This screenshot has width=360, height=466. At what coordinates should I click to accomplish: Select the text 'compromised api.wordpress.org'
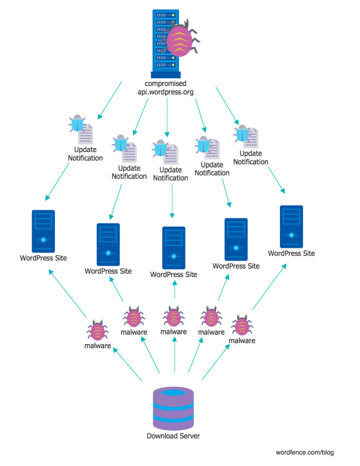pyautogui.click(x=166, y=88)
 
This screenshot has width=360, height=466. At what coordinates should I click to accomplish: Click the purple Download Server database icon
pyautogui.click(x=173, y=408)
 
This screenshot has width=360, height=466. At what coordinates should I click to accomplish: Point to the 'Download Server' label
pyautogui.click(x=173, y=436)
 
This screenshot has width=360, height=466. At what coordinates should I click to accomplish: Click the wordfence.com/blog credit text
pyautogui.click(x=304, y=452)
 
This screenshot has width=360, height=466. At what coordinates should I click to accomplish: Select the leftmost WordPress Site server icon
pyautogui.click(x=43, y=231)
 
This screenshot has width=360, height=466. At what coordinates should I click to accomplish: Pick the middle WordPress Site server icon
pyautogui.click(x=173, y=248)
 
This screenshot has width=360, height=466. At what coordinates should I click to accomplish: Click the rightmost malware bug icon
pyautogui.click(x=242, y=325)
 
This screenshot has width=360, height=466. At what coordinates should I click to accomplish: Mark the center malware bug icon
pyautogui.click(x=174, y=317)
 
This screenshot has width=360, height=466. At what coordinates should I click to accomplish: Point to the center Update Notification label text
pyautogui.click(x=171, y=174)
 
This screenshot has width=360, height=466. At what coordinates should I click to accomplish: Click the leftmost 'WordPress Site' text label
pyautogui.click(x=43, y=258)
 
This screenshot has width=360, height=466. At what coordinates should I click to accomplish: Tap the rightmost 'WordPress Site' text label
pyautogui.click(x=291, y=253)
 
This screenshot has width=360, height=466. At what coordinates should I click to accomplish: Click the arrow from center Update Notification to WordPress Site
pyautogui.click(x=172, y=200)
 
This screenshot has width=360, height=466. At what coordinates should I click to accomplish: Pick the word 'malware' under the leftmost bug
pyautogui.click(x=98, y=346)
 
